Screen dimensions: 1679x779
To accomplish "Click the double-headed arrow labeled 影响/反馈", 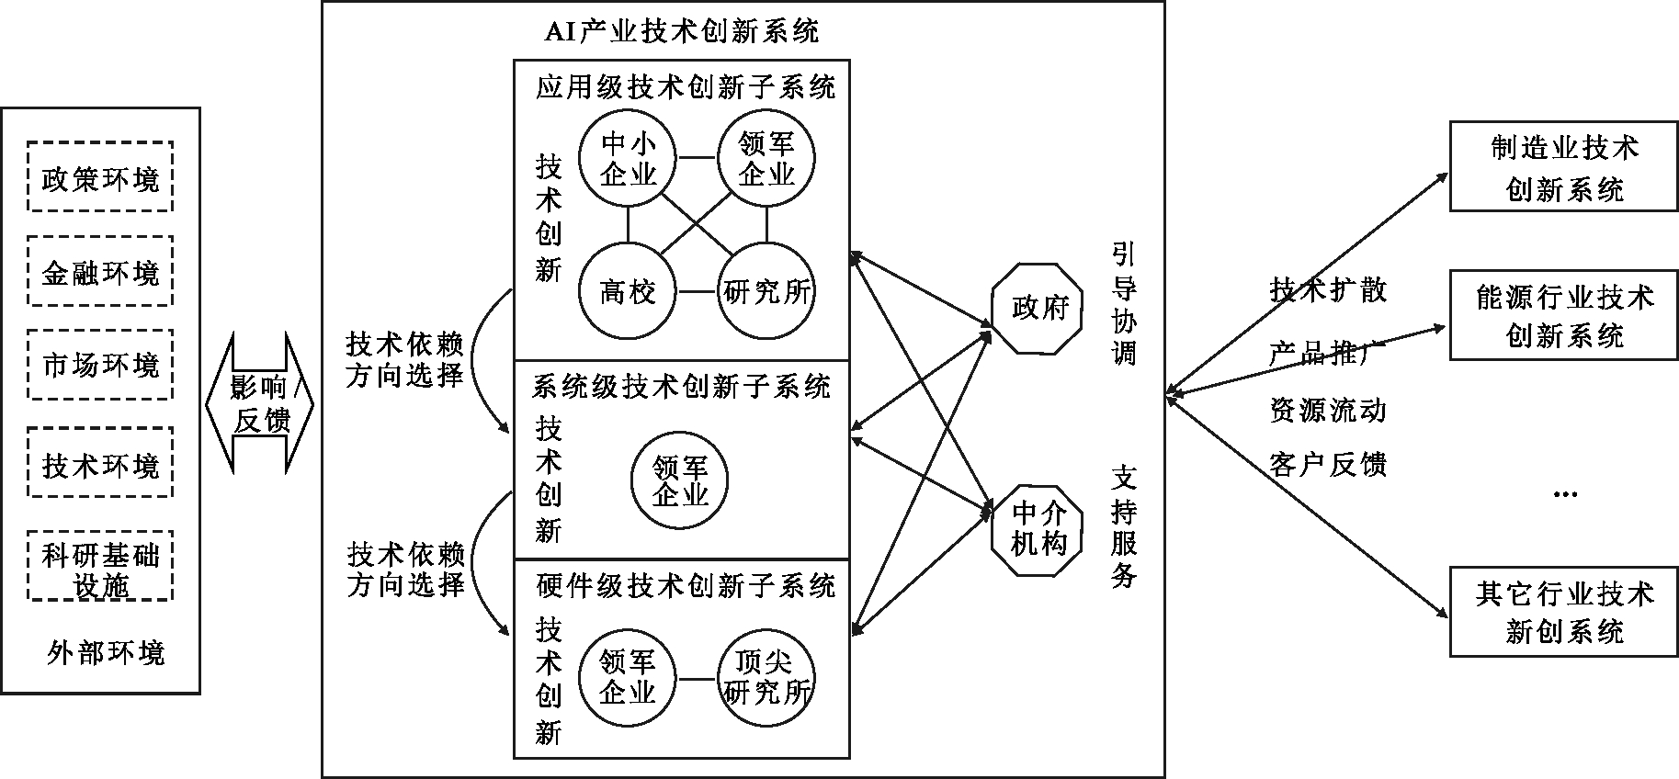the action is [x=259, y=403].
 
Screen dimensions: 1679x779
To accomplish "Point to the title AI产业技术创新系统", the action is [x=681, y=32].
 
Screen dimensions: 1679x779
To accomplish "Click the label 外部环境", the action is [x=106, y=652].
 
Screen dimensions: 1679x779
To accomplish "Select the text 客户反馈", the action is [x=1328, y=464].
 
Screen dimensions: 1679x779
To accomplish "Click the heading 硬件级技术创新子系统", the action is [x=686, y=585].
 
